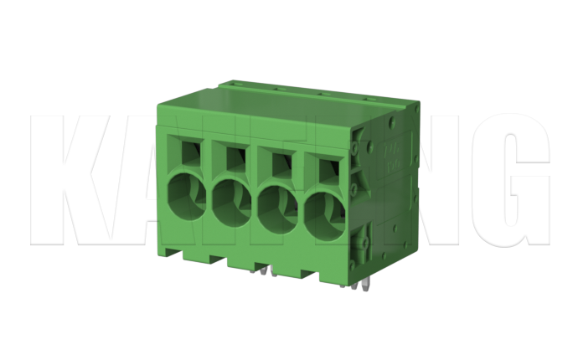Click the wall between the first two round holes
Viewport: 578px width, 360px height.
209,198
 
